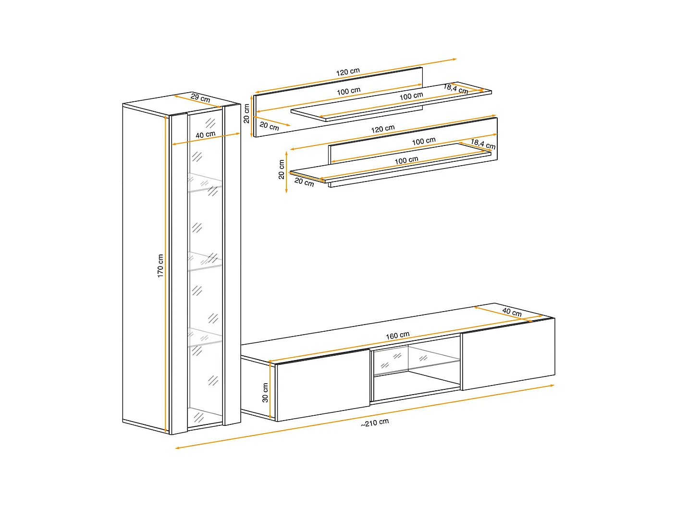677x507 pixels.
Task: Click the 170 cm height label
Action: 160,266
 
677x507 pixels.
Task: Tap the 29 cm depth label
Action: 200,97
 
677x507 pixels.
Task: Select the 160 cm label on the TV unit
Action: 397,335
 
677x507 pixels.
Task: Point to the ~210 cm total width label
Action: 375,422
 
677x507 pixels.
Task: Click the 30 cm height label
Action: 265,393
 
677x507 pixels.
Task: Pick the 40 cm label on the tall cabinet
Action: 206,135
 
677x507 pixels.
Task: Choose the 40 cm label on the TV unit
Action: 512,312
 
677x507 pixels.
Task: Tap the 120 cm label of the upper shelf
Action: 348,72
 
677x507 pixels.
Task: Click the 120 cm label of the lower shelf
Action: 383,129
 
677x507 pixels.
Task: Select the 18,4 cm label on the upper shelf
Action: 456,89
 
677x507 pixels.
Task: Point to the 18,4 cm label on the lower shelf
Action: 483,144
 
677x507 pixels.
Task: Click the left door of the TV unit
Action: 322,385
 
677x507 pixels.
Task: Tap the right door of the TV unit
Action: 508,354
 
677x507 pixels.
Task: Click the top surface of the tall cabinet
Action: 181,103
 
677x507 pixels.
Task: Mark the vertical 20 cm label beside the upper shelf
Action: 246,113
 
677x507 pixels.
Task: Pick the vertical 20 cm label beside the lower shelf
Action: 281,169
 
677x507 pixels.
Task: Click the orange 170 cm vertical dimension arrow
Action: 166,274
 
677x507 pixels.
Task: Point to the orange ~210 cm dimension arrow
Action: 365,416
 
